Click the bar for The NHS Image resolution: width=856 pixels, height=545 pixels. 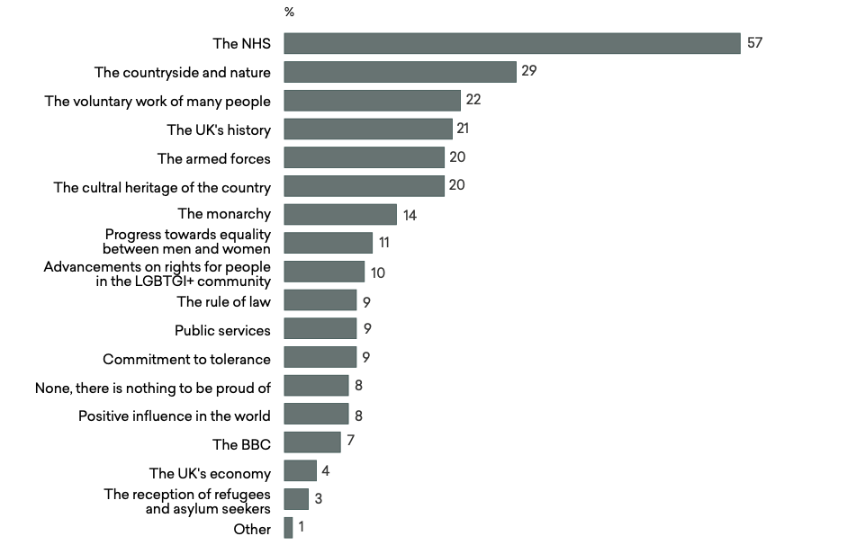(512, 43)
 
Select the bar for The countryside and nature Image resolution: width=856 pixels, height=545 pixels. (400, 72)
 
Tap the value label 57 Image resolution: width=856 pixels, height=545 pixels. (754, 42)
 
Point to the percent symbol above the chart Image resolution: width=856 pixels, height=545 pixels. (289, 13)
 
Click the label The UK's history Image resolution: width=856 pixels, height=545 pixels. (219, 130)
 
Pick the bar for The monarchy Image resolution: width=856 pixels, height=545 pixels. (340, 214)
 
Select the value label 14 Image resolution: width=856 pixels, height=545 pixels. (410, 215)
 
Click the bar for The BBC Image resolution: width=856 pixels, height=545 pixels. (312, 442)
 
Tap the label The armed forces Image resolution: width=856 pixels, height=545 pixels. (213, 158)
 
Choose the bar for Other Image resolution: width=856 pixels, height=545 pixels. (288, 528)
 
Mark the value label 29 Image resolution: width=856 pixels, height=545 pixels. (529, 71)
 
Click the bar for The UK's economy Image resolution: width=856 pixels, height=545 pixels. (300, 471)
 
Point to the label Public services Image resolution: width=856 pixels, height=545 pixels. (222, 330)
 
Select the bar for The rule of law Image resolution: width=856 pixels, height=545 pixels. (320, 300)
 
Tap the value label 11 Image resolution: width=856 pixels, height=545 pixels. (385, 243)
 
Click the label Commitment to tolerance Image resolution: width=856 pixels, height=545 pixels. (186, 359)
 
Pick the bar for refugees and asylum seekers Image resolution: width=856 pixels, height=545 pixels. (296, 499)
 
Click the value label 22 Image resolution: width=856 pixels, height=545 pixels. (473, 100)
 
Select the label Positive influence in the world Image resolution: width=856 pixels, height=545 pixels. (175, 415)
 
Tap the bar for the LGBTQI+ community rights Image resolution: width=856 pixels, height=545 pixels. (324, 272)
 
